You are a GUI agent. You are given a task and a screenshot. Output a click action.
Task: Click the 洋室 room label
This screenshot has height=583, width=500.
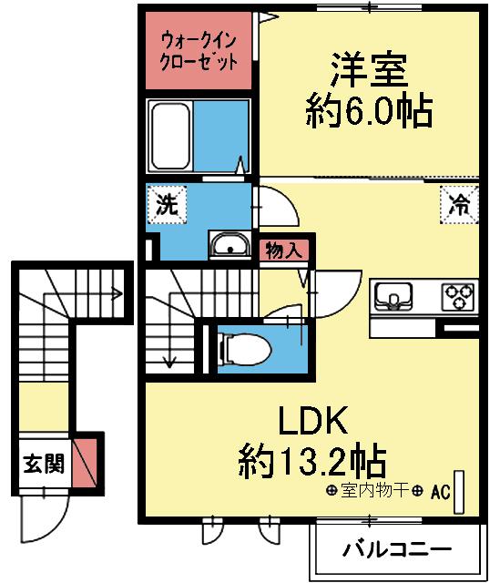pyautogui.click(x=368, y=71)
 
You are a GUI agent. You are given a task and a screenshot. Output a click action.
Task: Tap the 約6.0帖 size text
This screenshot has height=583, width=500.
pyautogui.click(x=367, y=112)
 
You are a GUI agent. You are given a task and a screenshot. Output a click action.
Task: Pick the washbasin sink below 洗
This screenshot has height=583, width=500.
pyautogui.click(x=231, y=245)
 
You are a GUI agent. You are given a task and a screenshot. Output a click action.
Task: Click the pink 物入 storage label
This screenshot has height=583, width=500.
pyautogui.click(x=283, y=250)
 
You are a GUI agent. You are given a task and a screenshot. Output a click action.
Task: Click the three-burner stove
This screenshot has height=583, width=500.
pyautogui.click(x=458, y=297)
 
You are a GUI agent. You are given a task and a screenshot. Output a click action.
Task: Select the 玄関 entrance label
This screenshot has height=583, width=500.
pyautogui.click(x=43, y=464)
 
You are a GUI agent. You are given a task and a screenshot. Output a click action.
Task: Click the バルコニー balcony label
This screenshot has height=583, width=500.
pyautogui.click(x=397, y=550)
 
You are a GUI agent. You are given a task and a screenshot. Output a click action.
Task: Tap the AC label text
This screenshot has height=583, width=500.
pyautogui.click(x=442, y=493)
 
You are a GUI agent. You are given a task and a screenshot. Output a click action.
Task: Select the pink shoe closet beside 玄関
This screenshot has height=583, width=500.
pyautogui.click(x=85, y=463)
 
